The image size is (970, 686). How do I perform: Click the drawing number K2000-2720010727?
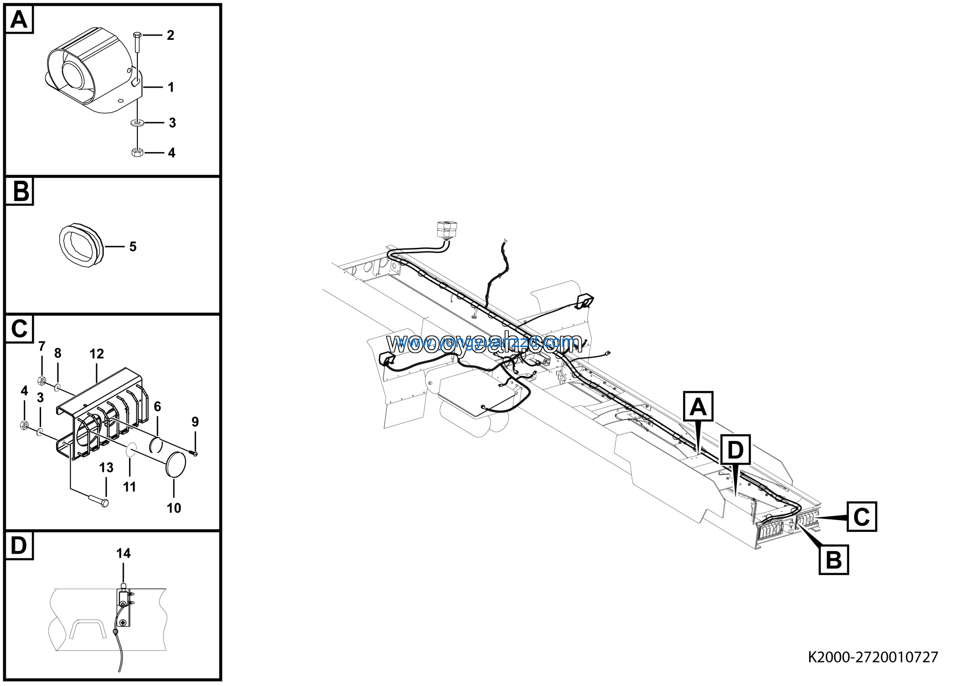[873, 657]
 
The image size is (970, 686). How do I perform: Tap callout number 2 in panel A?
[170, 35]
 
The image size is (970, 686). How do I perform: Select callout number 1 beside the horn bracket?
[171, 87]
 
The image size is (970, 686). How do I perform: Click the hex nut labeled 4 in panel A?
[137, 152]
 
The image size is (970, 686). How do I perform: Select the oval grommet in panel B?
[81, 245]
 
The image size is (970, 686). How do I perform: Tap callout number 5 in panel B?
[133, 247]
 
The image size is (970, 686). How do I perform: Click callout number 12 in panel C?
[96, 354]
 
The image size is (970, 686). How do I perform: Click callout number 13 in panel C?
[106, 467]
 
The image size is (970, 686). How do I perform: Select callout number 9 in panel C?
[195, 421]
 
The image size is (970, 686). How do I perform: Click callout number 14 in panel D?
[124, 553]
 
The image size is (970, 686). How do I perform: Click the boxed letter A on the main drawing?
[698, 406]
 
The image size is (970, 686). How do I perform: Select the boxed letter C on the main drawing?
[861, 516]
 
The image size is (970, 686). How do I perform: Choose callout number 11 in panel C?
[129, 487]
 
